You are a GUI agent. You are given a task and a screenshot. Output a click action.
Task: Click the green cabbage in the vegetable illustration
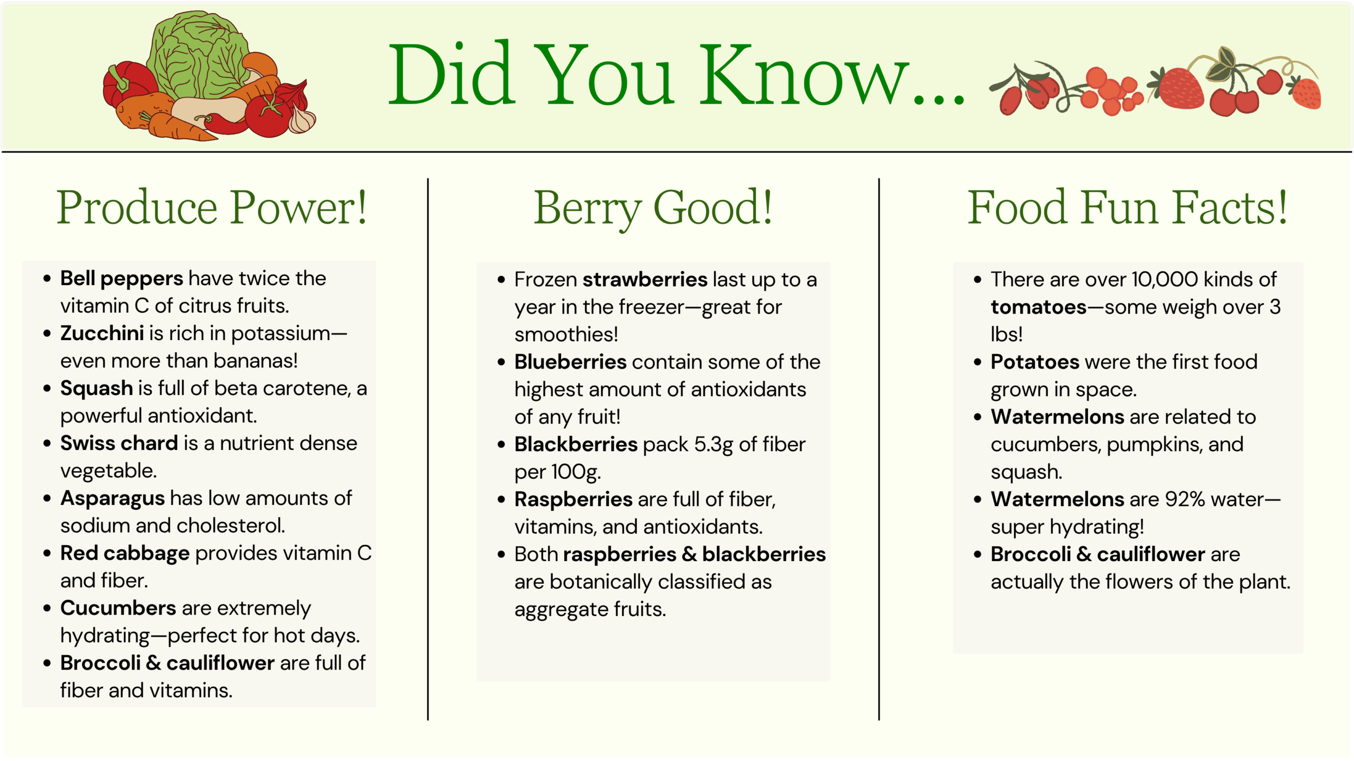pos(198,56)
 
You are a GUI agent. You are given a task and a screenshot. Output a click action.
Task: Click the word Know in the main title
pos(804,74)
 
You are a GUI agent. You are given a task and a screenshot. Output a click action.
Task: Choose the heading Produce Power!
pos(212,207)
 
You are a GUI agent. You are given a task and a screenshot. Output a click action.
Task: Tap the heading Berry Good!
pos(653,208)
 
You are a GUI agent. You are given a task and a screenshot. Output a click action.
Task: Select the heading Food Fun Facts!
pos(1127,207)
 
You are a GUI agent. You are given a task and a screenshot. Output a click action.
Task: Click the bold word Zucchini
pos(102,333)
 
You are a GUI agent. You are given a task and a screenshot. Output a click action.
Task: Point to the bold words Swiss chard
pos(119,443)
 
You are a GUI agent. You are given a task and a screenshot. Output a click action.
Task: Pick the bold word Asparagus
pos(113,499)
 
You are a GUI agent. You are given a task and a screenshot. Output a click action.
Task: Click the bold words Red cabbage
pos(125,554)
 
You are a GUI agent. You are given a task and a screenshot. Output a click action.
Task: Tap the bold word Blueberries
pos(571,362)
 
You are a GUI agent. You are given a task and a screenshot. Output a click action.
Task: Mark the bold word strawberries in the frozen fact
pos(645,279)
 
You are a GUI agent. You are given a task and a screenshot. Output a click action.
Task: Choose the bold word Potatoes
pos(1035,362)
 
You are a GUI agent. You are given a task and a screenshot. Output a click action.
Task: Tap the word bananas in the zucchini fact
pos(255,361)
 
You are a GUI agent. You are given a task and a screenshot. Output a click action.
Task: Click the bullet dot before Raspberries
pos(501,500)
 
